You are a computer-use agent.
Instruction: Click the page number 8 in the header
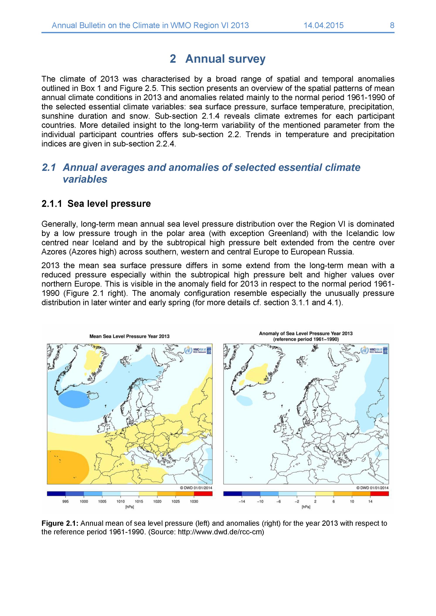pyautogui.click(x=392, y=25)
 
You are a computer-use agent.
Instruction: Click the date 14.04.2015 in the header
pyautogui.click(x=323, y=25)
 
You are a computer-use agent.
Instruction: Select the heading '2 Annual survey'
pyautogui.click(x=218, y=59)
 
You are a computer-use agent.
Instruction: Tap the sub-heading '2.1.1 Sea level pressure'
pyautogui.click(x=96, y=204)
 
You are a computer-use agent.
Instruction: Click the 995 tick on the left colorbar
pyautogui.click(x=65, y=501)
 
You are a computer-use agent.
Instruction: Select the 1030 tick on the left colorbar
pyautogui.click(x=194, y=501)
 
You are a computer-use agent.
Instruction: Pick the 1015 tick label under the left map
pyautogui.click(x=139, y=501)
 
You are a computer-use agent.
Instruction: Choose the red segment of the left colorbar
pyautogui.click(x=203, y=494)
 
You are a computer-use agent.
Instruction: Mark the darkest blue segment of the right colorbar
pyautogui.click(x=233, y=494)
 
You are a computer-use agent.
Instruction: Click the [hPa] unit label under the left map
pyautogui.click(x=130, y=507)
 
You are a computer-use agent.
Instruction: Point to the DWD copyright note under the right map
pyautogui.click(x=372, y=488)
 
